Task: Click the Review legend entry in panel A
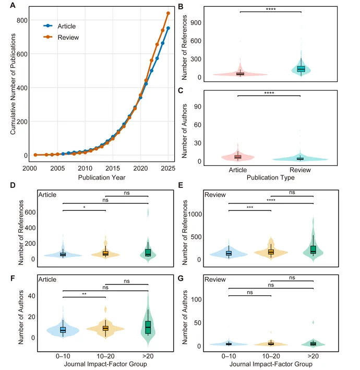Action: coord(61,37)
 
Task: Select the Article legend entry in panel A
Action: coord(59,26)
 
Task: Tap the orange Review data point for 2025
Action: coord(168,14)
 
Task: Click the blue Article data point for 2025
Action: coord(168,28)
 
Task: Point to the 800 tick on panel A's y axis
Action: coord(22,20)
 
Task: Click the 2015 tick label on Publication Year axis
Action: coord(113,168)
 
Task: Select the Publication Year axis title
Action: coord(102,177)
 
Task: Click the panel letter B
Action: coord(181,7)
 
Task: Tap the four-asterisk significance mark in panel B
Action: coord(271,9)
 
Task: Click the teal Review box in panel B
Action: coord(301,69)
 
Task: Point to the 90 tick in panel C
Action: coord(198,106)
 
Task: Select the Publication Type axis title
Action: coord(271,177)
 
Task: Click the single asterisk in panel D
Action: coord(84,207)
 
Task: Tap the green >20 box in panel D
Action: coord(148,253)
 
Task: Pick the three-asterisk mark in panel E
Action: coord(250,207)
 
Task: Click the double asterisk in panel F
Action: coord(84,294)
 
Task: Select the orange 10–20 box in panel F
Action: coord(105,328)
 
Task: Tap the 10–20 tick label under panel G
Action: coord(271,356)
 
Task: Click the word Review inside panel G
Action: coord(215,280)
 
